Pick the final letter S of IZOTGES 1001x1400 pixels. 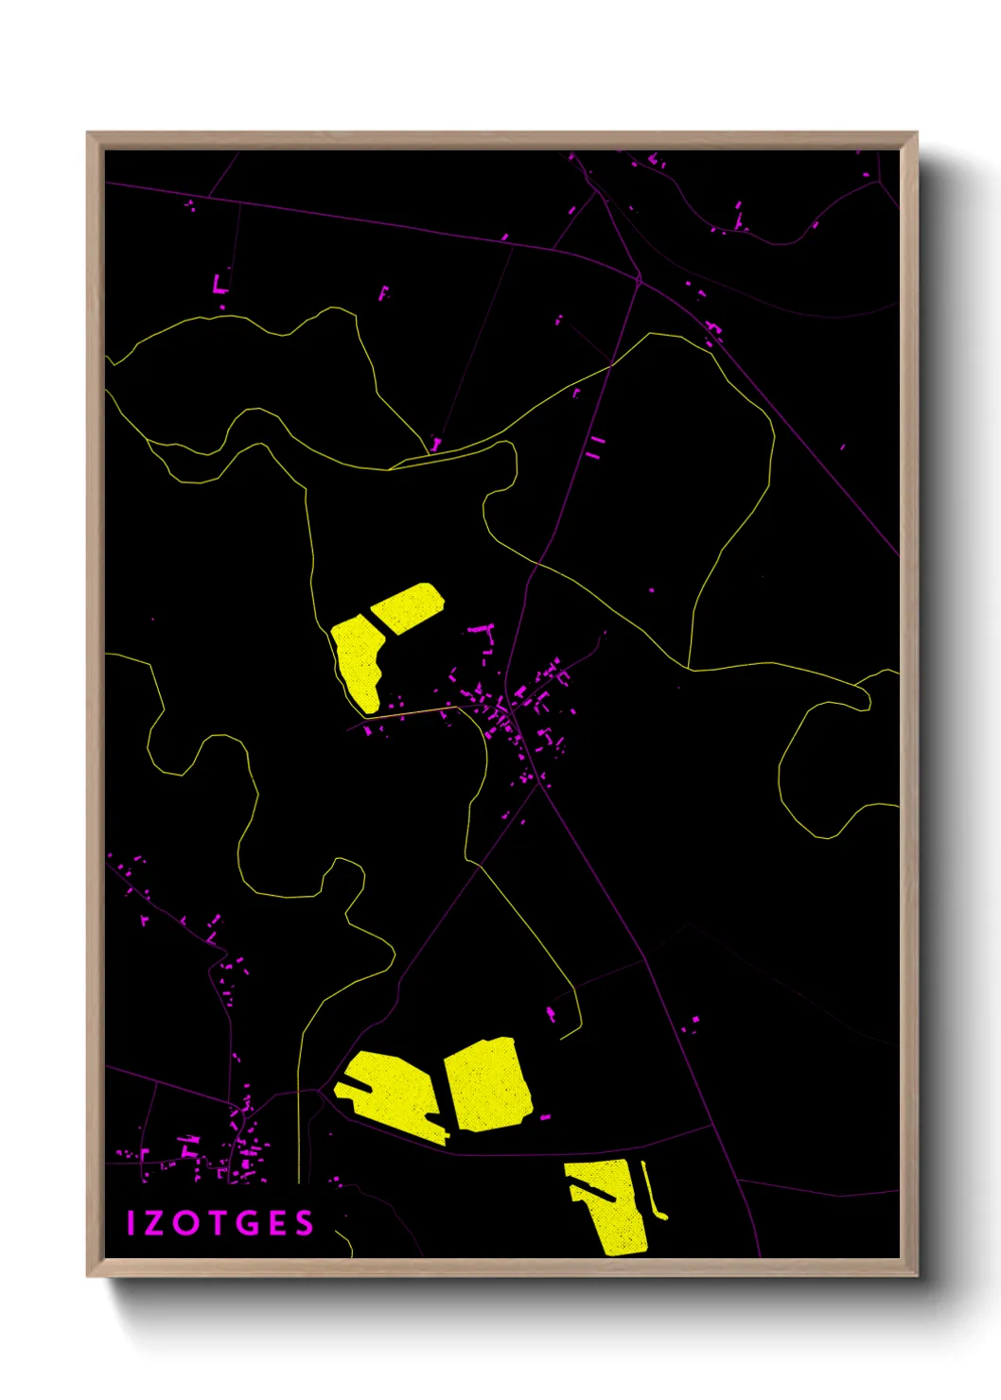(304, 1223)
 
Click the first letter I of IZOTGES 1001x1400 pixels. (132, 1223)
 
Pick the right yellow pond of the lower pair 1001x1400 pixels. (487, 1083)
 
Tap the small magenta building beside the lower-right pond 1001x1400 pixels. (545, 1117)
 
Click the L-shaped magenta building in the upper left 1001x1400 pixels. (220, 284)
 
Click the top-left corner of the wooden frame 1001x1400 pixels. (88, 133)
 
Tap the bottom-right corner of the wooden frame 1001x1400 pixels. (916, 1275)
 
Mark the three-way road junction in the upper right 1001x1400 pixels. (639, 278)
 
